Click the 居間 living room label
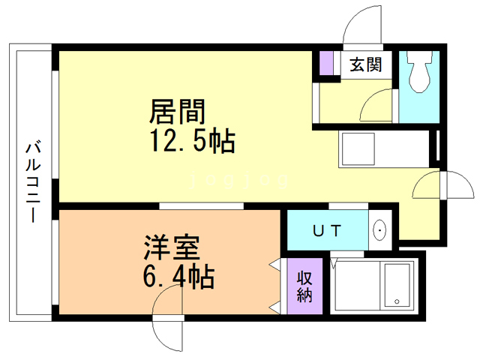(x=177, y=112)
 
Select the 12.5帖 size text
(x=193, y=141)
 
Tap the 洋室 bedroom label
(x=172, y=247)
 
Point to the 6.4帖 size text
(x=178, y=277)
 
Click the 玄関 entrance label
(x=366, y=64)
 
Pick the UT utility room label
(x=327, y=231)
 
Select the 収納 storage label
(x=304, y=286)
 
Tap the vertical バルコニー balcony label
(x=33, y=182)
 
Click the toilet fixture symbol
(x=418, y=72)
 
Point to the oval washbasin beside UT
(x=380, y=229)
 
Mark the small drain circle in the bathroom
(x=397, y=301)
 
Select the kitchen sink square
(x=358, y=148)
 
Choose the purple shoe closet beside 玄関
(x=326, y=63)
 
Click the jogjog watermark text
(x=238, y=180)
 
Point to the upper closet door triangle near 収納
(x=274, y=264)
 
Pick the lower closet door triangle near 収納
(x=274, y=307)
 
